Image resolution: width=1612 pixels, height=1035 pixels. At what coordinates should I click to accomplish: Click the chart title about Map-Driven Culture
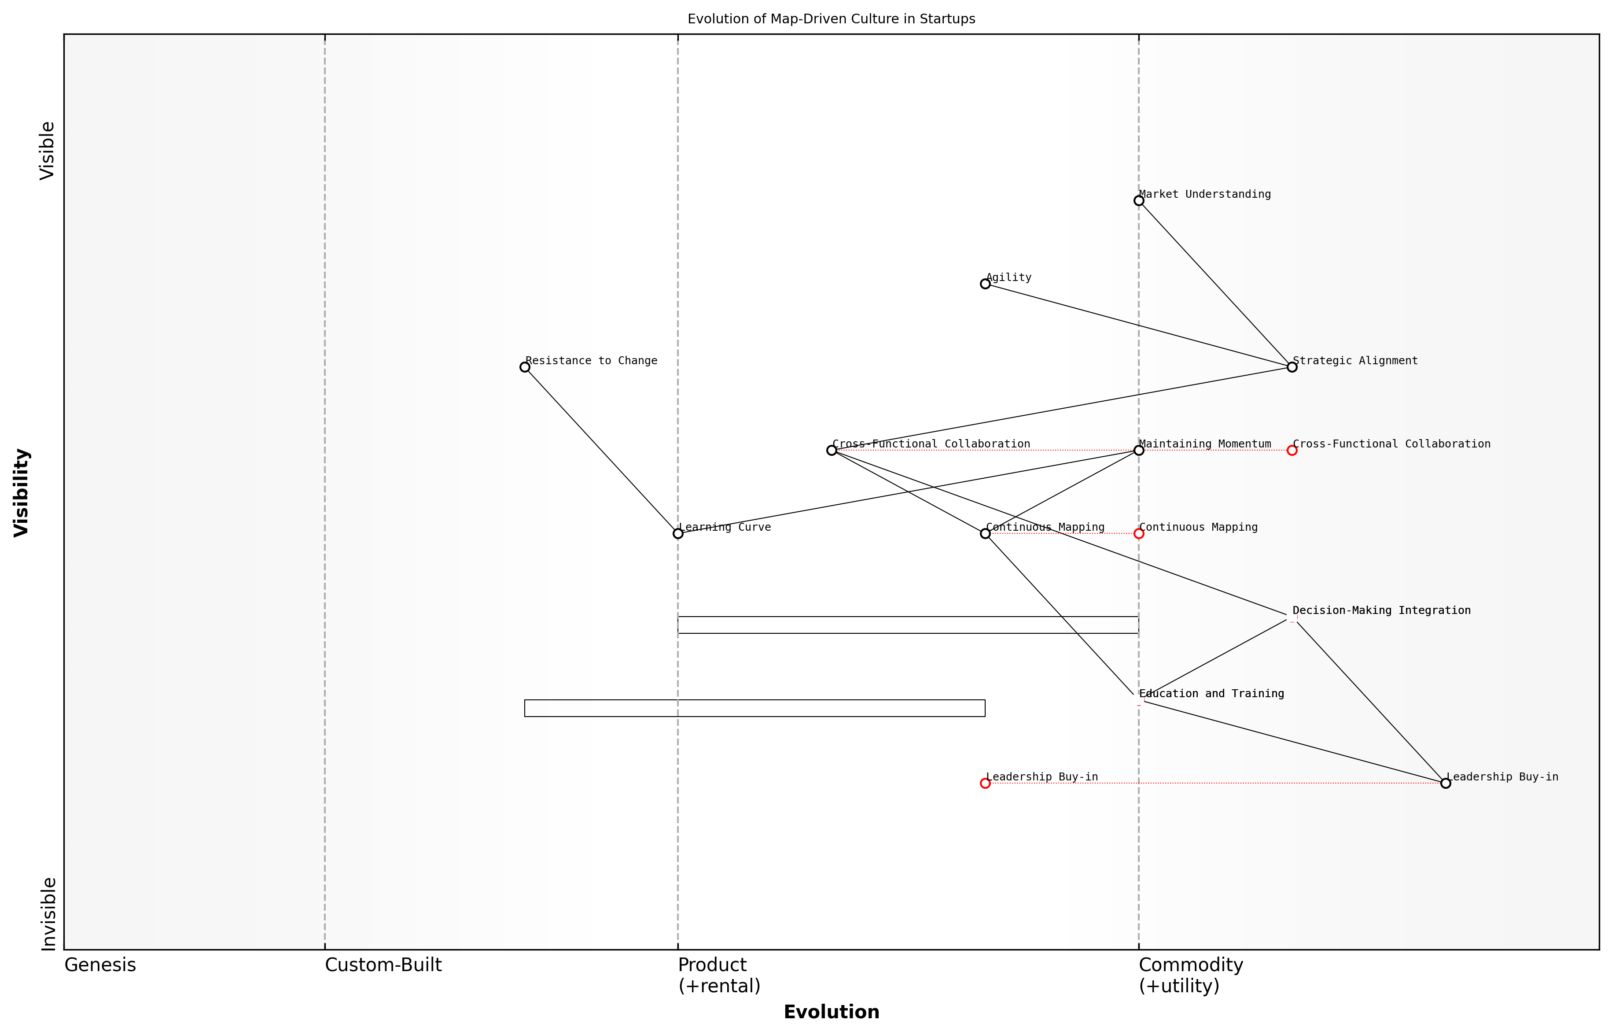coord(831,19)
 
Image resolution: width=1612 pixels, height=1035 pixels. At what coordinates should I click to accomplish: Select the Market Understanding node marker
coord(1138,201)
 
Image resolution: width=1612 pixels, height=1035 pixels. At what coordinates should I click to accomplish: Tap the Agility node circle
coord(985,284)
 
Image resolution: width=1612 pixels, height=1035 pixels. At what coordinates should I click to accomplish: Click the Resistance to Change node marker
coord(525,367)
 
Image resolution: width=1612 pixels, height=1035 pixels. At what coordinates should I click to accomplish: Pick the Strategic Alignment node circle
coord(1292,367)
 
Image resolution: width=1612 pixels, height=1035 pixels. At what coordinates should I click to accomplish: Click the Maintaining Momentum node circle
coord(1138,450)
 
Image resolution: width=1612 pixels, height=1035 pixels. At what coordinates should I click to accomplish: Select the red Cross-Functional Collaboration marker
coord(1292,450)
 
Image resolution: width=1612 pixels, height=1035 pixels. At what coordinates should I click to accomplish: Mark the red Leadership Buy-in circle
coord(985,783)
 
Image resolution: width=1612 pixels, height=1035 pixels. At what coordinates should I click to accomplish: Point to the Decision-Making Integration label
coord(1381,610)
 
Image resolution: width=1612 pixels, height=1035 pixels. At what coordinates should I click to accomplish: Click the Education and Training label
coord(1211,694)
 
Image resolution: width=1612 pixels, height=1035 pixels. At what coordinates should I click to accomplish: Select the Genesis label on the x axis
coord(100,965)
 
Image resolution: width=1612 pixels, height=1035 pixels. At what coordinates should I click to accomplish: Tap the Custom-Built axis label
coord(383,965)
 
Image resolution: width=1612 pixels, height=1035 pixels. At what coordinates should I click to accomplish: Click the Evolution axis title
coord(831,1012)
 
